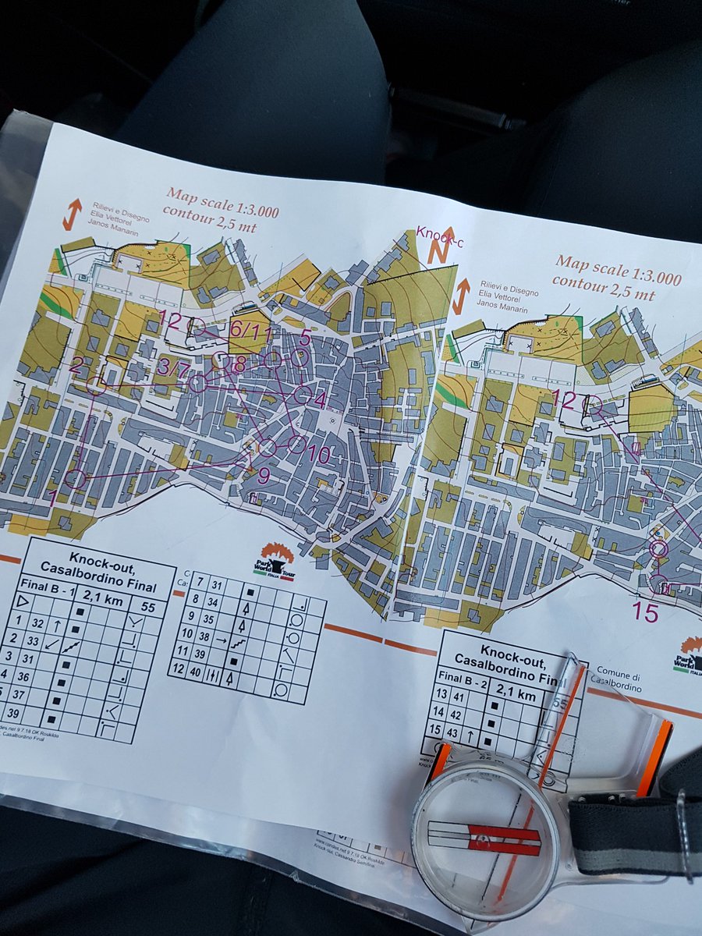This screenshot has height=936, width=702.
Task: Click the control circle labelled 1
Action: click(x=76, y=478)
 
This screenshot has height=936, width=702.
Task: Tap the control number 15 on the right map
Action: click(x=645, y=612)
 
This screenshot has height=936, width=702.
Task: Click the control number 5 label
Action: click(x=305, y=337)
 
